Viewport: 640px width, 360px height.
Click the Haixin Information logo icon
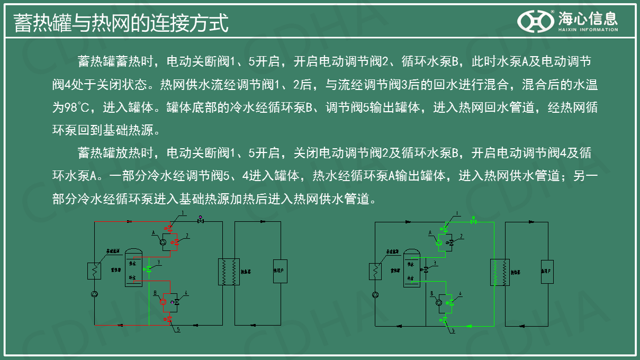(535, 21)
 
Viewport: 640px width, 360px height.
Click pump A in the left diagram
(163, 242)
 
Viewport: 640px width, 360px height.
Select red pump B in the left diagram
(163, 301)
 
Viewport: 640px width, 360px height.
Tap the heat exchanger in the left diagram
(229, 272)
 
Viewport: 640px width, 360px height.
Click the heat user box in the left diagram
(280, 272)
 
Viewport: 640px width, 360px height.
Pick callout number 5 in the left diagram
(178, 329)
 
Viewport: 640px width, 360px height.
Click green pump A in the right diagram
(439, 242)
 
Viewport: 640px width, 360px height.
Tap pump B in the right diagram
(439, 302)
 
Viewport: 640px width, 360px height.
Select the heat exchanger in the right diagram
(500, 272)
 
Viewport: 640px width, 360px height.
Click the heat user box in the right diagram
(547, 272)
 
